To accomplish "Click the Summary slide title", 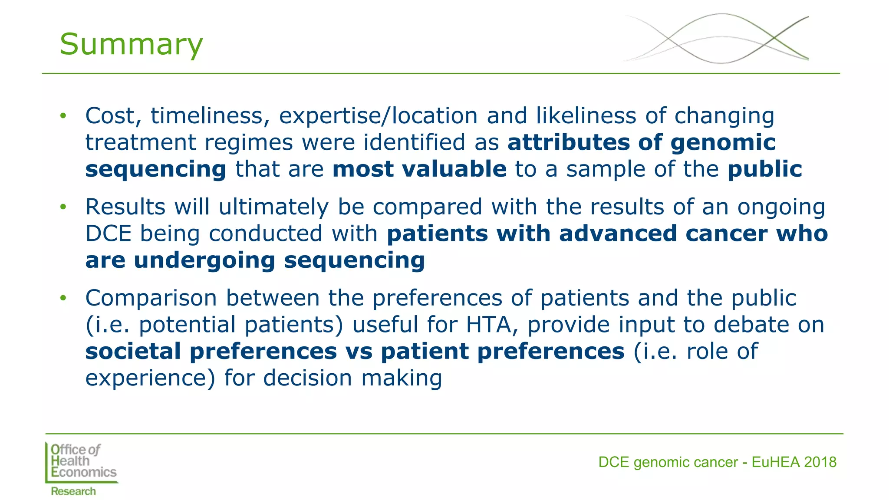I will [131, 44].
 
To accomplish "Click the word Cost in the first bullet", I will [113, 116].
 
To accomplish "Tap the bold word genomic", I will [723, 143].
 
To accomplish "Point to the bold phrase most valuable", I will [419, 169].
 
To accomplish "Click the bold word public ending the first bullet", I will [765, 169].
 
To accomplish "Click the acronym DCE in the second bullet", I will [108, 234].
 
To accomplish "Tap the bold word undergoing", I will [204, 261].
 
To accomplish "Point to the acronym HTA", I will [488, 325].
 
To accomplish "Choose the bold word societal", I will [133, 352].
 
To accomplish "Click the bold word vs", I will [359, 352].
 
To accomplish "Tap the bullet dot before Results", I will [63, 207].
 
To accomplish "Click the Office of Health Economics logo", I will [82, 462].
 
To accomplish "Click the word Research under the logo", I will [73, 491].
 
